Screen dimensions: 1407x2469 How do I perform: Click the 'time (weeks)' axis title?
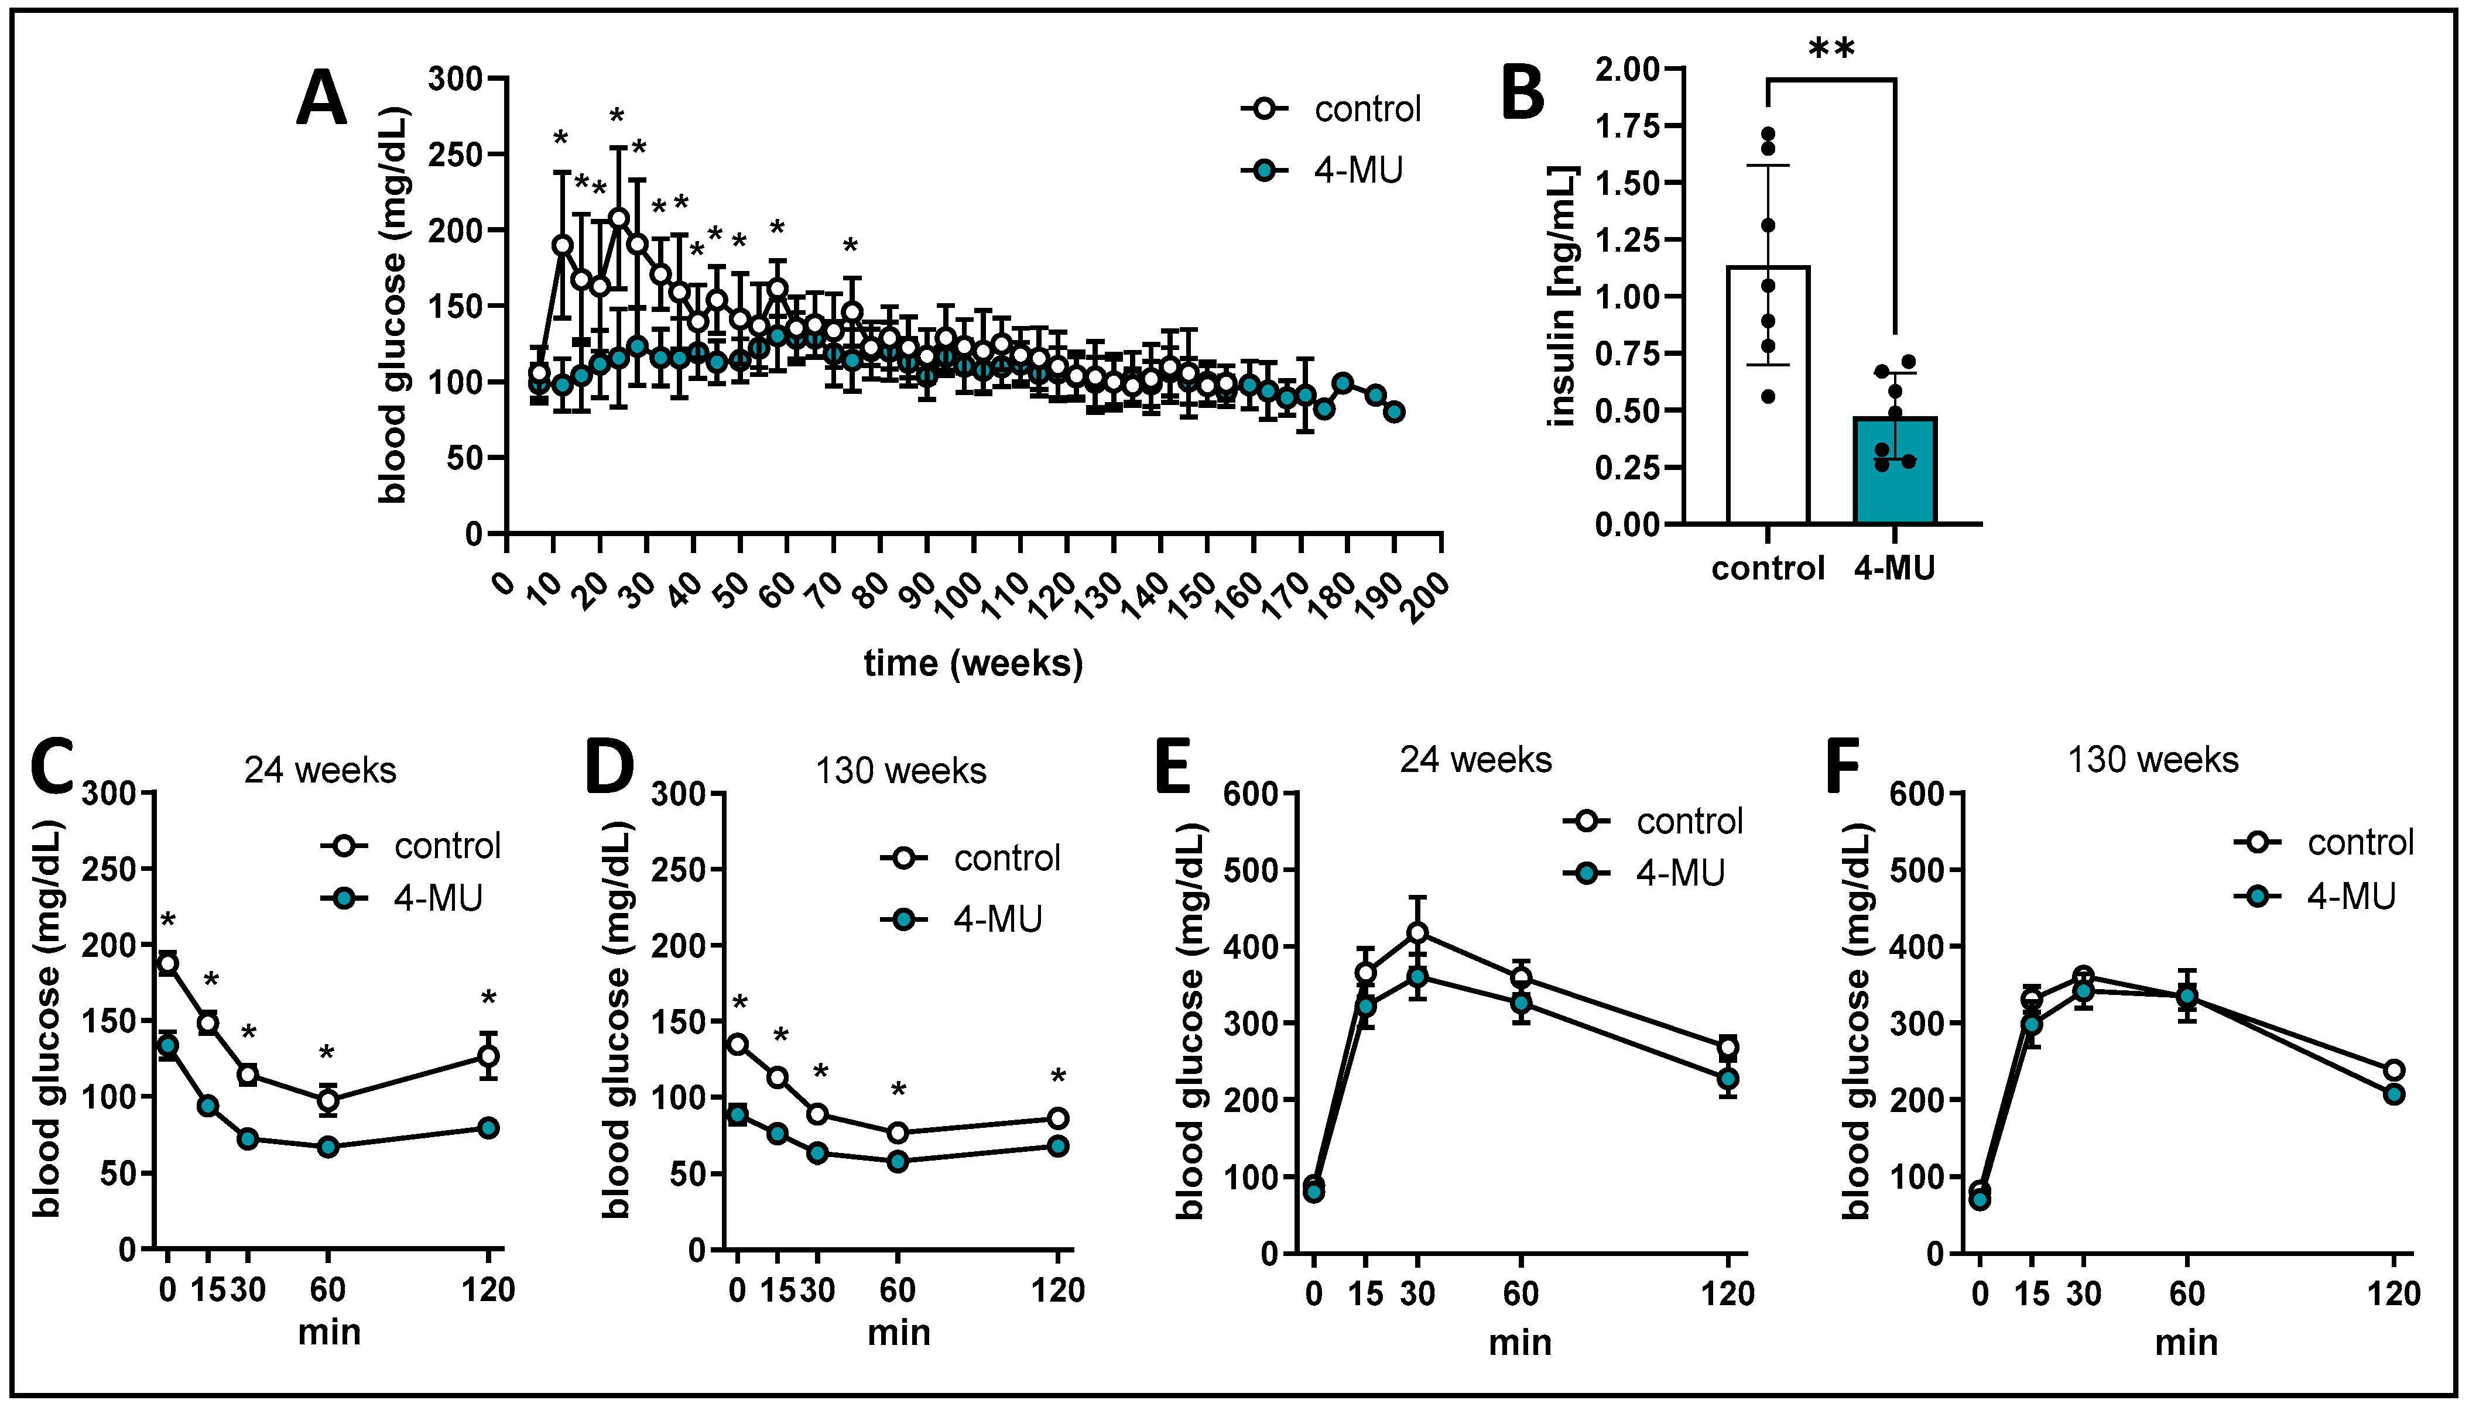click(974, 664)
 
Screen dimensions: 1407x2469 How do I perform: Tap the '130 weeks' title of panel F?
click(2153, 760)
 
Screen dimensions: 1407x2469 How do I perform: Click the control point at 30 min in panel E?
click(1417, 932)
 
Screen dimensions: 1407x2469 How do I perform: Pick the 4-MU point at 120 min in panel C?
click(488, 1128)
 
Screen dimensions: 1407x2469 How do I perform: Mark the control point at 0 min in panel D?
click(738, 1044)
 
